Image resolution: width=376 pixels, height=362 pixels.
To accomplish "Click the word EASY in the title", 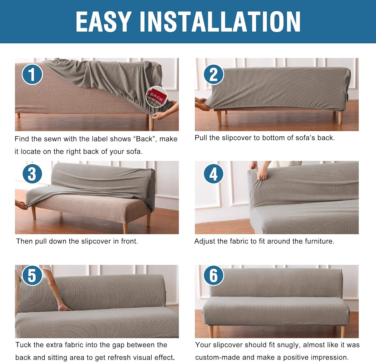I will point(103,22).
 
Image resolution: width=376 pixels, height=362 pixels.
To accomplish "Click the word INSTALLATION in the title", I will point(220,22).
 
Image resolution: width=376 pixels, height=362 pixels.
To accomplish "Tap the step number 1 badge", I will point(32,74).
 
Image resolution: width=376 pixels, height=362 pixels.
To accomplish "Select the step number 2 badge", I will point(213,74).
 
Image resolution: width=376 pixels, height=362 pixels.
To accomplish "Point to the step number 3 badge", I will point(32,174).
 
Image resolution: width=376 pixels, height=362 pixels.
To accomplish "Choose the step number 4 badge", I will point(213,174).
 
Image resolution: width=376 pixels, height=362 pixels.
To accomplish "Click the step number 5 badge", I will point(32,275).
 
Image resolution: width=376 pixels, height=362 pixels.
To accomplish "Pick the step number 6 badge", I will point(213,275).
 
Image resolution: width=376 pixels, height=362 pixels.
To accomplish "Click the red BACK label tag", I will point(157,96).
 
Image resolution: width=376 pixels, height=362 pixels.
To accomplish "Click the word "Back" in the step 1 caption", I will point(144,139).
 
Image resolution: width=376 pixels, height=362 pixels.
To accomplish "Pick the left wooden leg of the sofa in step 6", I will point(211,331).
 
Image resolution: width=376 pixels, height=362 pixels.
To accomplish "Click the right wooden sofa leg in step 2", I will point(340,117).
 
